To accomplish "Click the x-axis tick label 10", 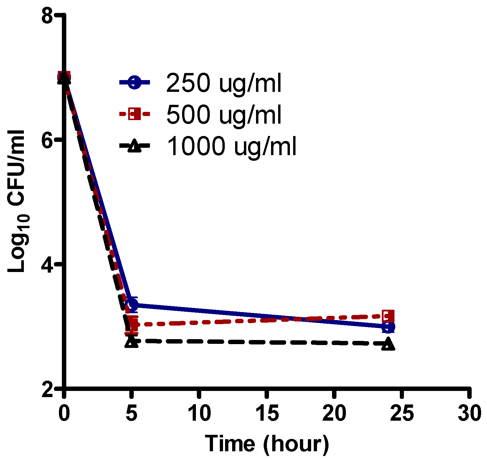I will (199, 413).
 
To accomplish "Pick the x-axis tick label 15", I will (267, 413).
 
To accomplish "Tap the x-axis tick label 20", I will (334, 413).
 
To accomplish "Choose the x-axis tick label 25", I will (402, 413).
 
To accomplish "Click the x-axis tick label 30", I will (469, 413).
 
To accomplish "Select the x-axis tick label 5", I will (131, 413).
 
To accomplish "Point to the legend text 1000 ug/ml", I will (232, 146).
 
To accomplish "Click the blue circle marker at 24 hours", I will (388, 327).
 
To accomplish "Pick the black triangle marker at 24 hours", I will (388, 344).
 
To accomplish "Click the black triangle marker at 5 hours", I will (131, 342).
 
